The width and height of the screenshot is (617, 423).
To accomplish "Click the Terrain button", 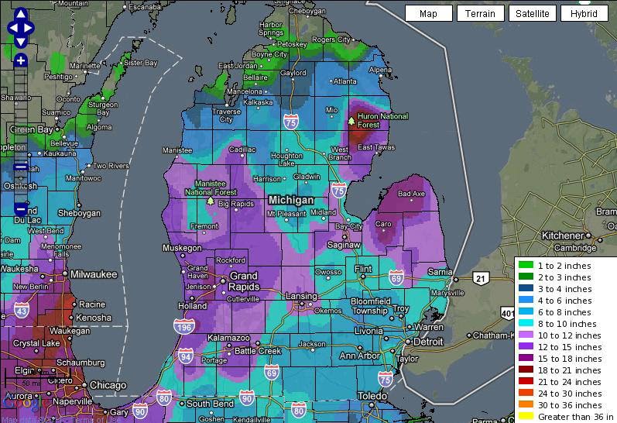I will click(x=480, y=13).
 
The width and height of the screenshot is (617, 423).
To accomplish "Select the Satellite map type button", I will click(x=532, y=13).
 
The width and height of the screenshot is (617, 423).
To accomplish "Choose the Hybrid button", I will click(x=584, y=13).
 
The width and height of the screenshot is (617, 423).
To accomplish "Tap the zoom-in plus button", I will click(x=20, y=60).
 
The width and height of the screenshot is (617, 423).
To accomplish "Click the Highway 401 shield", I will click(x=508, y=313).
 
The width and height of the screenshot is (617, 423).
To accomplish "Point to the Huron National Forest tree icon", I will click(x=351, y=121).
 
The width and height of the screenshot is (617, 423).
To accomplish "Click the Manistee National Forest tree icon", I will click(x=210, y=200).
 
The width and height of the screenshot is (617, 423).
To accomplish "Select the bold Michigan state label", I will click(x=290, y=200).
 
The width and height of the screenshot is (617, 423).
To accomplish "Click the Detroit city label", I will click(x=427, y=342).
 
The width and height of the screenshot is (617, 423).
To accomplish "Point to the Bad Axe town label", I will click(x=411, y=194).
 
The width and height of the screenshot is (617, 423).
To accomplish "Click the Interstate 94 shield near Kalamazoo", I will click(x=185, y=356).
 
